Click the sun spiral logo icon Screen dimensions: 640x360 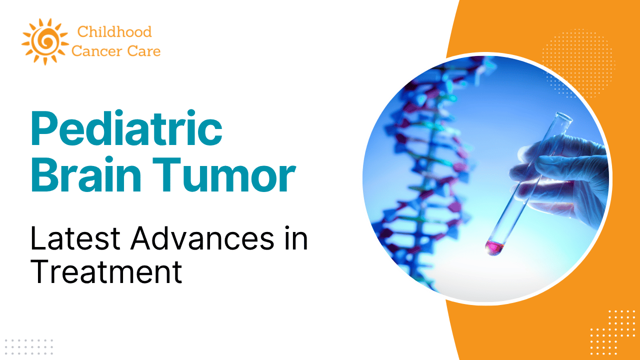[x=45, y=41]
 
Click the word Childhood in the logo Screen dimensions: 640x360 [x=114, y=31]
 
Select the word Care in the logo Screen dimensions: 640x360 [x=144, y=51]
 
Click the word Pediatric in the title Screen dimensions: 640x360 [x=126, y=128]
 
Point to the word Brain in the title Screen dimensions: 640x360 [x=85, y=174]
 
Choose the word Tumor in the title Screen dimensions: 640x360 [x=224, y=174]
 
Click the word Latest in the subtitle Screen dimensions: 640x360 [x=75, y=238]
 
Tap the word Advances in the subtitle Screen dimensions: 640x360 [x=202, y=238]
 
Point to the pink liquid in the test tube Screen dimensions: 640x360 [x=494, y=247]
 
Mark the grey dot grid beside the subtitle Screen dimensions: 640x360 [x=29, y=347]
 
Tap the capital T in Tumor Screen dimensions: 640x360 [x=167, y=174]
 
